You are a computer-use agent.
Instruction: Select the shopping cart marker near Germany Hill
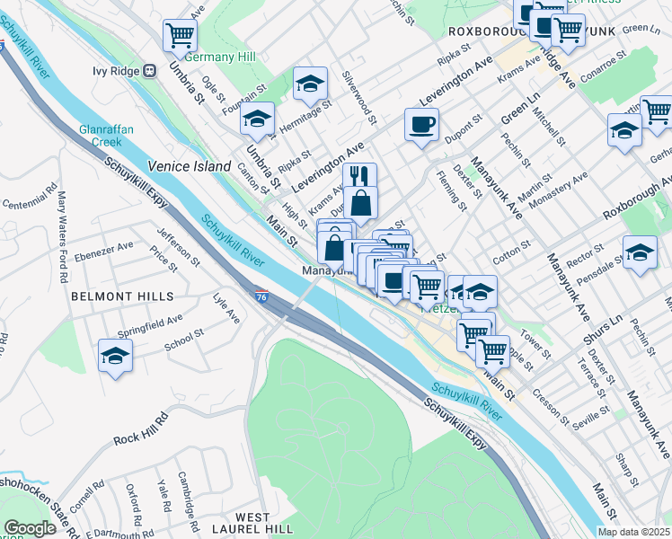(x=180, y=36)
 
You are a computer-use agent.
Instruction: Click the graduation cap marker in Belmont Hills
(x=116, y=356)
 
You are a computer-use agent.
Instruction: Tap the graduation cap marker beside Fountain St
(x=258, y=119)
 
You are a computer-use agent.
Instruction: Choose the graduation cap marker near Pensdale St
(x=640, y=252)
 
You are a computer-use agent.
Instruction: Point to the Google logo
(x=30, y=528)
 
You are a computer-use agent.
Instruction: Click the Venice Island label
(x=190, y=166)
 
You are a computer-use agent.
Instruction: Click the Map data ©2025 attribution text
(x=634, y=532)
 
